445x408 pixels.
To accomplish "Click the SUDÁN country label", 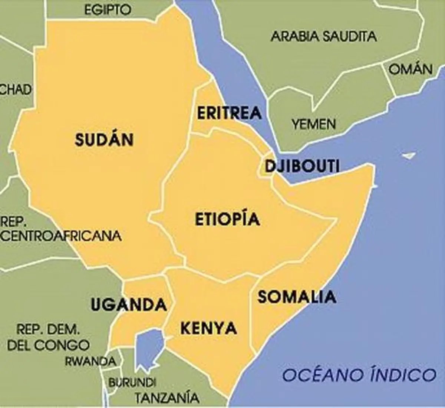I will pos(104,140).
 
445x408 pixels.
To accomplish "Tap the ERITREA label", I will pos(229,113).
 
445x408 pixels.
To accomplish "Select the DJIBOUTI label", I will pos(302,167).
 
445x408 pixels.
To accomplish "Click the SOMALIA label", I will pos(297,297).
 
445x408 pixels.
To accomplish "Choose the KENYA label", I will pos(208,328).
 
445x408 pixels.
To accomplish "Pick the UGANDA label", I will pos(128,305).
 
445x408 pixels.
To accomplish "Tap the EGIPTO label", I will pos(108,10).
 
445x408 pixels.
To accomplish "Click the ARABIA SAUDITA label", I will pos(323,36).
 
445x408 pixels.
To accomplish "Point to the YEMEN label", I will pos(313,124).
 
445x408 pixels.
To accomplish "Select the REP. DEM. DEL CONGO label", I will pos(48,338).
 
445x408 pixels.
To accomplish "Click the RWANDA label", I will pos(90,361).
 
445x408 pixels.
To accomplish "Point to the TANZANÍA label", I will pos(167,398).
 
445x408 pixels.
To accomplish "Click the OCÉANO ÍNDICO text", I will pos(359,375).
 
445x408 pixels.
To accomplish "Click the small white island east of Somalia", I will pos(409,155).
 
